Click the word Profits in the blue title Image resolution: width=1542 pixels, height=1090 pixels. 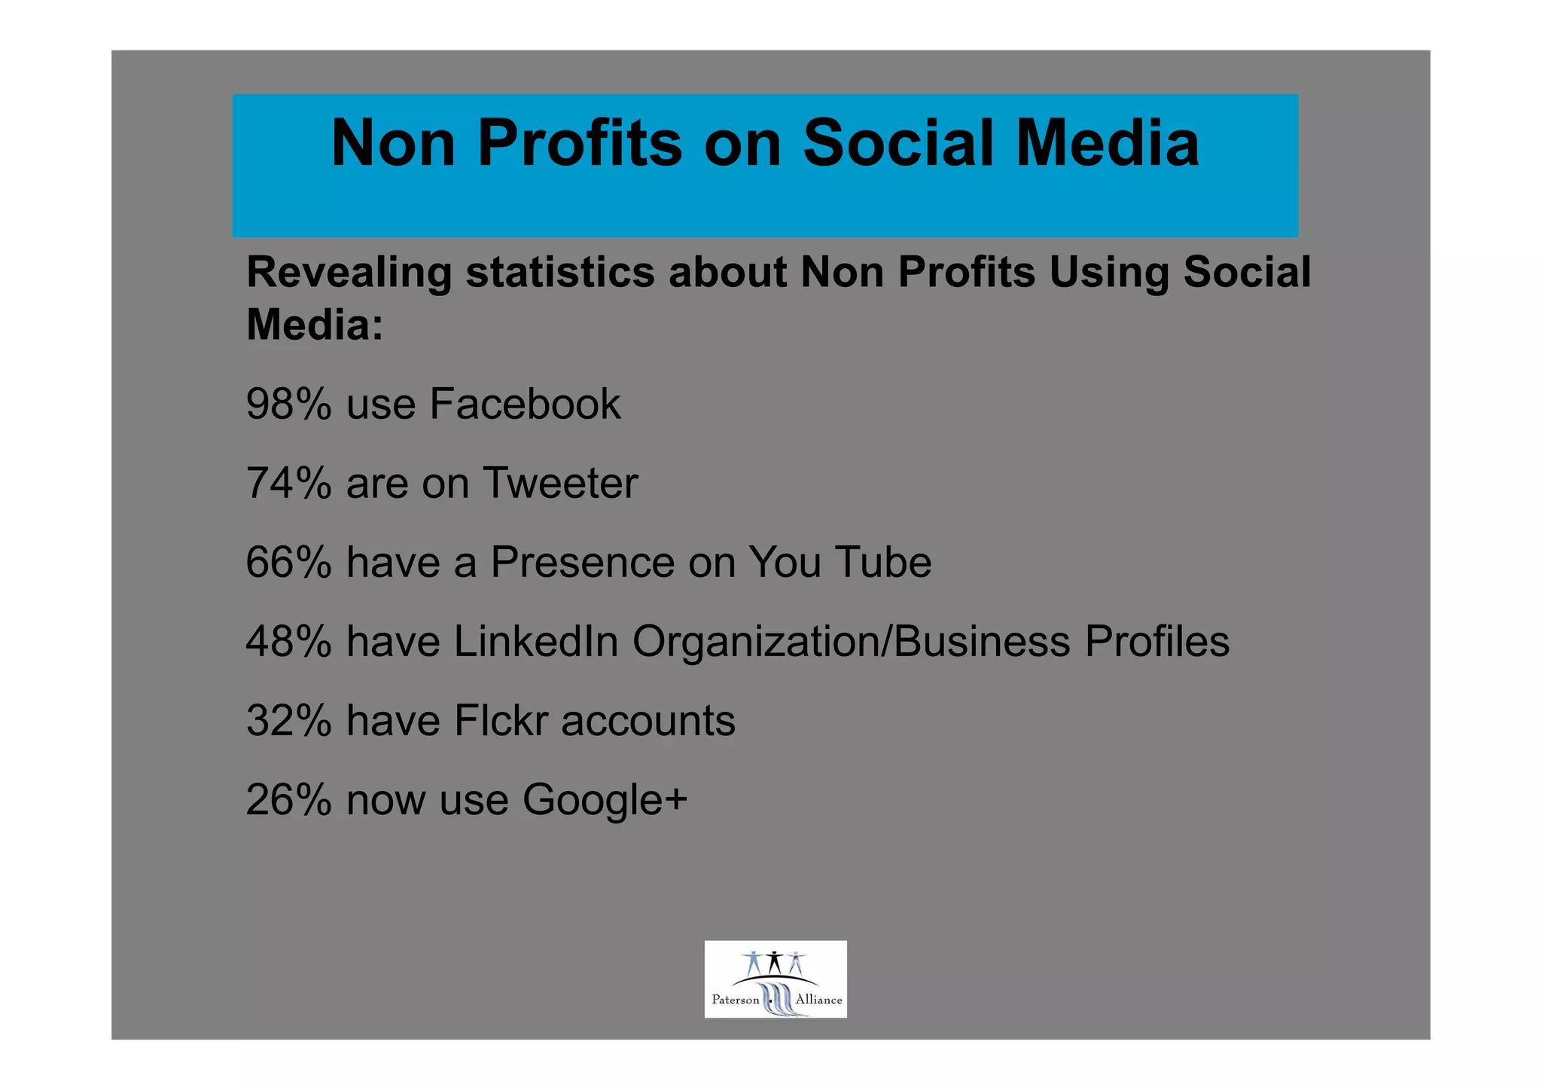[x=580, y=143]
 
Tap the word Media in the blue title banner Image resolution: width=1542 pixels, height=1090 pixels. [x=1107, y=143]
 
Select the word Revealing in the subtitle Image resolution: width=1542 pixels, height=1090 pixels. [x=349, y=273]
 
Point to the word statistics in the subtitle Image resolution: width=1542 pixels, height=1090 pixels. [x=560, y=273]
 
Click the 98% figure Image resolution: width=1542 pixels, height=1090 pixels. [x=288, y=404]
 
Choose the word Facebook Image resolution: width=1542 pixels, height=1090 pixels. [x=525, y=404]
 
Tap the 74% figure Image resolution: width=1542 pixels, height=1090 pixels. [x=288, y=483]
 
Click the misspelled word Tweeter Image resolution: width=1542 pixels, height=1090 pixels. [x=560, y=483]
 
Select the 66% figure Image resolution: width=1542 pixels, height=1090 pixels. [x=288, y=563]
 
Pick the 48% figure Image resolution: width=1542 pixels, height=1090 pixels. [x=288, y=642]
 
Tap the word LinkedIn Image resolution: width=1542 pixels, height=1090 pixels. [x=535, y=642]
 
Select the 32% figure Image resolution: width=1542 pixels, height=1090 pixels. [x=288, y=721]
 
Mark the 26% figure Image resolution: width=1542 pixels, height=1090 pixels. [x=288, y=800]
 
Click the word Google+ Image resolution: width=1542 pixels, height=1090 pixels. [x=605, y=801]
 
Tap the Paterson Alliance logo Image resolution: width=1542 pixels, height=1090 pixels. [x=775, y=979]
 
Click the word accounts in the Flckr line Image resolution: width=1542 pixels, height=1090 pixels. [x=648, y=721]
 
